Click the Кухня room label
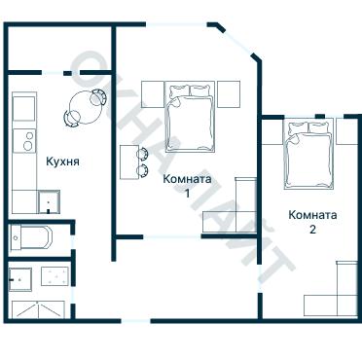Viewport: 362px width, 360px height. [x=62, y=162]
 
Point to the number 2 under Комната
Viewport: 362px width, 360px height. [x=311, y=230]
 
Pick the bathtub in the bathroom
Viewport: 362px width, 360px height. [x=40, y=237]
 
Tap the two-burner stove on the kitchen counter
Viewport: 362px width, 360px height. [x=24, y=139]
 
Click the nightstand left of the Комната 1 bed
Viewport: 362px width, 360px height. [x=154, y=93]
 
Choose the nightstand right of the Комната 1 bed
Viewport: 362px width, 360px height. [x=228, y=93]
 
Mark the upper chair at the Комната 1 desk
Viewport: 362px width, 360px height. [x=144, y=153]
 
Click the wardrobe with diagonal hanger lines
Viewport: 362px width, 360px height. [x=38, y=309]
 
